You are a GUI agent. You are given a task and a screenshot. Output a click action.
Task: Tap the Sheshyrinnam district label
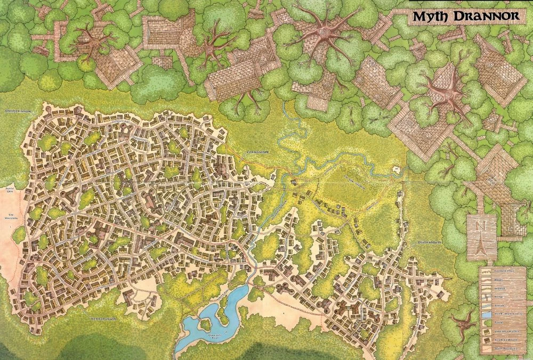coord(17,111)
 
